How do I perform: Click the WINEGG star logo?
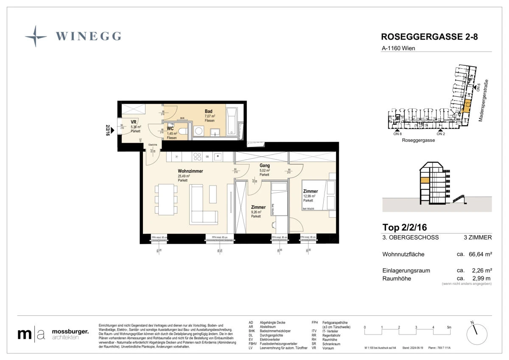click(36, 36)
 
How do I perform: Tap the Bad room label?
click(209, 112)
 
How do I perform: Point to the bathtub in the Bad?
click(233, 122)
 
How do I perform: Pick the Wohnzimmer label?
click(190, 171)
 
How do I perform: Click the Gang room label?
click(265, 166)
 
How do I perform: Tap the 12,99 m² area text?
click(309, 196)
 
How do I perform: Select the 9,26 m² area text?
click(256, 212)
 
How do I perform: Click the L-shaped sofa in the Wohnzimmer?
click(203, 205)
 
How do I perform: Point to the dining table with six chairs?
click(166, 199)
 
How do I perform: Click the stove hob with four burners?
click(197, 156)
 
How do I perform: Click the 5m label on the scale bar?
click(449, 327)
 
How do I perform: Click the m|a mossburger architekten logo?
click(53, 334)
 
